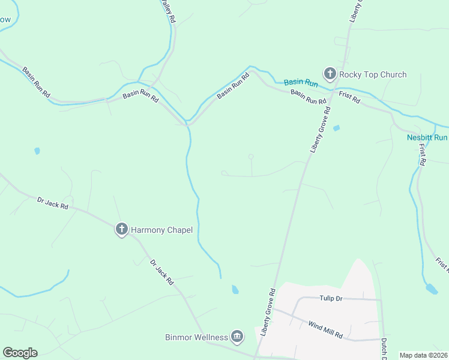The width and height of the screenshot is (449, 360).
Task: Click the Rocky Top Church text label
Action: (x=373, y=74)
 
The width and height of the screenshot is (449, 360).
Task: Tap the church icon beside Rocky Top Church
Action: (x=330, y=74)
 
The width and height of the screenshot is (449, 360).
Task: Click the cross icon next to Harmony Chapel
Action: (x=121, y=228)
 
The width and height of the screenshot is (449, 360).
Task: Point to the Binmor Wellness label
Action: (x=196, y=337)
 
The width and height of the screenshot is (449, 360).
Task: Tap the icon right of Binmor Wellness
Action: (x=237, y=337)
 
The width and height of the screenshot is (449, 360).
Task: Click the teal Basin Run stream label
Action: (x=301, y=82)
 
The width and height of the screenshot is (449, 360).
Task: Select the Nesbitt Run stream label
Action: (x=427, y=137)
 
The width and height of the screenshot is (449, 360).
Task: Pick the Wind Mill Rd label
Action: (x=325, y=329)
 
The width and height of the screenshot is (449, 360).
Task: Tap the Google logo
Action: (x=20, y=353)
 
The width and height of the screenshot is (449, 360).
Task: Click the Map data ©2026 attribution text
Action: (x=423, y=355)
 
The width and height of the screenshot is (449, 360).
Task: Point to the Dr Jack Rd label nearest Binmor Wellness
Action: (x=161, y=271)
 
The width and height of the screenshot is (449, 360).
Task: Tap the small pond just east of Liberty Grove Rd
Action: (x=336, y=128)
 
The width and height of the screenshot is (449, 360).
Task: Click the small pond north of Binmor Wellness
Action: (x=235, y=290)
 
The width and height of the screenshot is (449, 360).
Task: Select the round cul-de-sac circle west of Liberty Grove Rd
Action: (x=251, y=157)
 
